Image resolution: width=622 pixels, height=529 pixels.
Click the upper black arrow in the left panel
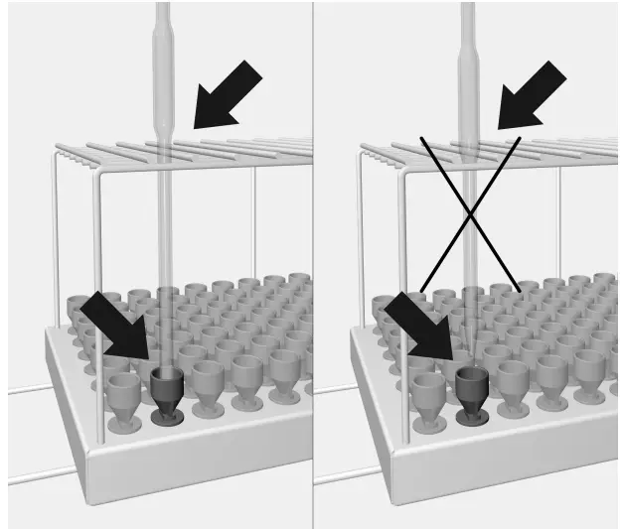[227, 96]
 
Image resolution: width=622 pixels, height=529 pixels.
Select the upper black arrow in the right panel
[532, 96]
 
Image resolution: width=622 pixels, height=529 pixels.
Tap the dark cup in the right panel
[471, 395]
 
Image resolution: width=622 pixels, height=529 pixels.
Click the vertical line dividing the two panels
[313, 298]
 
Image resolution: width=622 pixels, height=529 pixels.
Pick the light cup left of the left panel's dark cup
[124, 397]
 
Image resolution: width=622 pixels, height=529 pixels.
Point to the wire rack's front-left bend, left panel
[98, 180]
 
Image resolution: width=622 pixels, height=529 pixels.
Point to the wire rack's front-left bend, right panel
[403, 180]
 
